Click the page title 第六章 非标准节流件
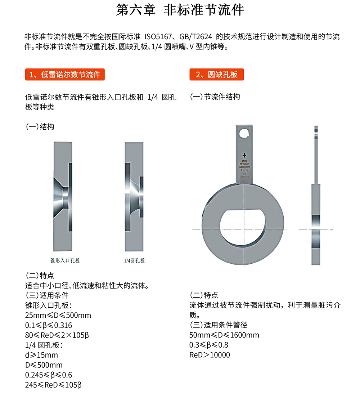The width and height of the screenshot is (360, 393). click(180, 10)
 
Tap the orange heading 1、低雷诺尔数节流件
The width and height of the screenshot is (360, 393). click(65, 75)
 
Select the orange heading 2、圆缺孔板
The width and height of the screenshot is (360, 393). click(216, 75)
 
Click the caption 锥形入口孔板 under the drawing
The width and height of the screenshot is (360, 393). click(65, 260)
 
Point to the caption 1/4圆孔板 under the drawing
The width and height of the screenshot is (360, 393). click(134, 260)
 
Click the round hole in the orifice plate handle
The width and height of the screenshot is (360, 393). click(244, 133)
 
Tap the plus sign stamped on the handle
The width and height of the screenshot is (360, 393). click(244, 155)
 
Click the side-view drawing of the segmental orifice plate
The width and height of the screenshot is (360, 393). click(316, 202)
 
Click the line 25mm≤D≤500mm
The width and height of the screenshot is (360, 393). click(58, 316)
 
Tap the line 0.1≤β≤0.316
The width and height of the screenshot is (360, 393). click(49, 326)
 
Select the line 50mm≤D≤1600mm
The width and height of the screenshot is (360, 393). click(224, 335)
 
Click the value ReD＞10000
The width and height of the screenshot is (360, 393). click(210, 355)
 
